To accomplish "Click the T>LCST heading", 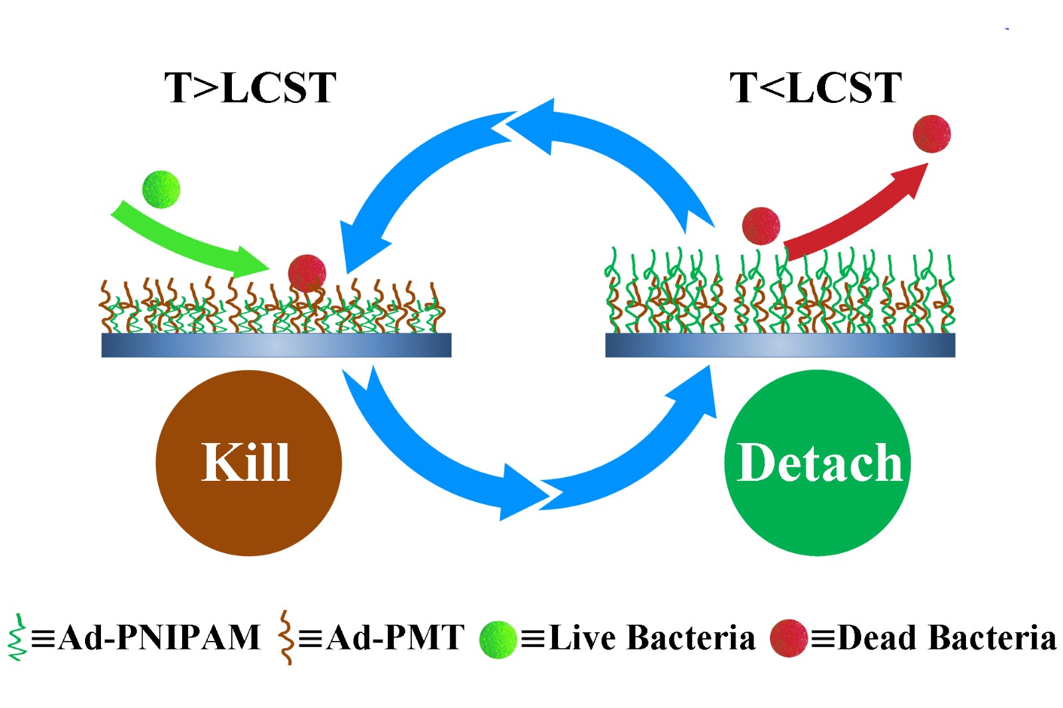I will point(250,88).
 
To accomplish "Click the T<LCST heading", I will point(816,88).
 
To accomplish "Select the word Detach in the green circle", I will point(819,463).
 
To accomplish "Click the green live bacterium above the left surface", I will point(161,189).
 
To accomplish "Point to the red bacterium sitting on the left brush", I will point(307,272).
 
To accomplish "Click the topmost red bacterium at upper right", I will point(931,133).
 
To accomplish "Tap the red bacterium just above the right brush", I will point(761,226).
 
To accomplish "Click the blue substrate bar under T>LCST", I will point(276,345).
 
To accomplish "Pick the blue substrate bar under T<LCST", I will point(780,345).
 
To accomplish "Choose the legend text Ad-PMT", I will point(395,638).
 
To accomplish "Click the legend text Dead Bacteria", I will point(947,638).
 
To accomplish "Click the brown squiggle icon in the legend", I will point(286,638).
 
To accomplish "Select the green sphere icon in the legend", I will point(498,639).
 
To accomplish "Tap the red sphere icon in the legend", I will point(789,639).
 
